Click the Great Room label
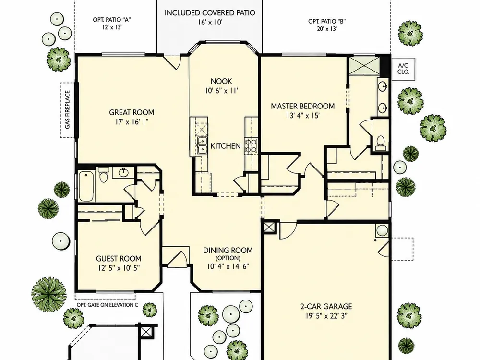click(132, 112)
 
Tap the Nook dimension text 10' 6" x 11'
click(221, 91)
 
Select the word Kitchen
click(226, 146)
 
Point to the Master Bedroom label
click(303, 106)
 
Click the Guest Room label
click(119, 259)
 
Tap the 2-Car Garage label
click(325, 306)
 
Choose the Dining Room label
click(228, 251)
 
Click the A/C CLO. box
click(403, 69)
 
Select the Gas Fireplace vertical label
click(68, 109)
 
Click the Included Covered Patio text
click(210, 13)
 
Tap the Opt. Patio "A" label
click(112, 20)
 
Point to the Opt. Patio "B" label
click(327, 22)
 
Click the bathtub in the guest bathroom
click(87, 186)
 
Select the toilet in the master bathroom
click(380, 143)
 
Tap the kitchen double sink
click(202, 145)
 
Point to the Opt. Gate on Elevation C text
click(107, 305)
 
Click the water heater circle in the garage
click(382, 230)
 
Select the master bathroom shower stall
click(362, 65)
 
